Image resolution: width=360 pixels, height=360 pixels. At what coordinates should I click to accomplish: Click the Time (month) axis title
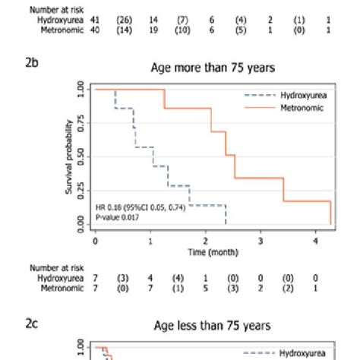(x=207, y=251)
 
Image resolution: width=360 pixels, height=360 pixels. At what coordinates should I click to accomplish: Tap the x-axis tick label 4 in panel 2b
(x=317, y=241)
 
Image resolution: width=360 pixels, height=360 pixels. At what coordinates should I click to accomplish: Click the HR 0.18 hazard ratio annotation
(x=141, y=207)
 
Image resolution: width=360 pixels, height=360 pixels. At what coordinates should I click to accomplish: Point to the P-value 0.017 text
(x=117, y=217)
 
